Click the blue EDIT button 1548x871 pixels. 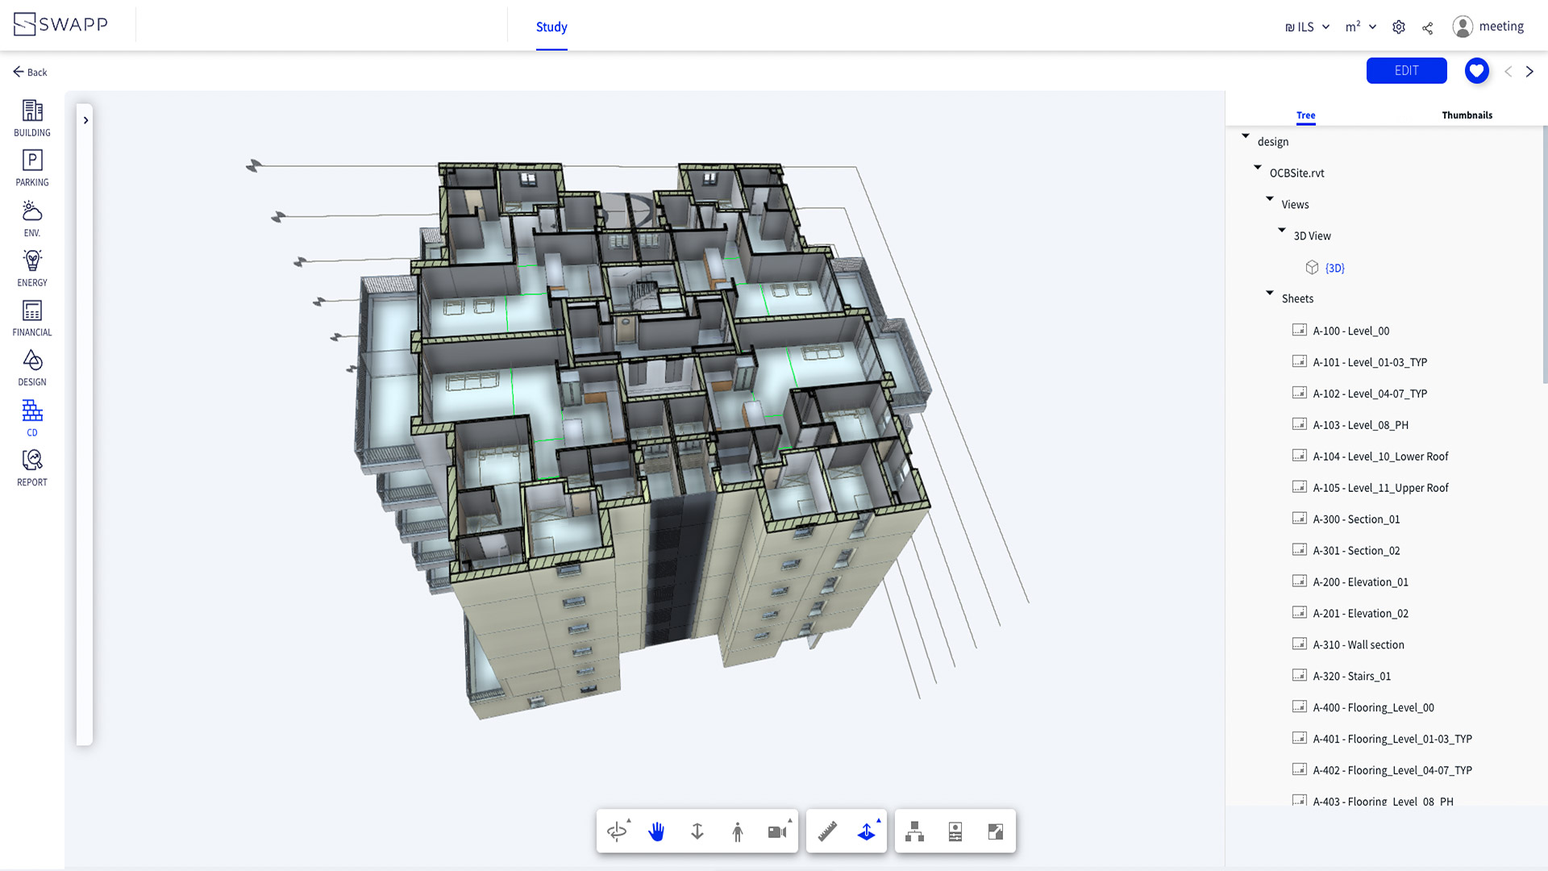(x=1406, y=71)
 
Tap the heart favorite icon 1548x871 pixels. (x=1476, y=71)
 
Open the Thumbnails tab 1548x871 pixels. (x=1467, y=115)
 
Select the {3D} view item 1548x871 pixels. (x=1334, y=268)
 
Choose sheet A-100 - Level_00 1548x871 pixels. (x=1350, y=331)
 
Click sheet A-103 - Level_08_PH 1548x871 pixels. (x=1360, y=425)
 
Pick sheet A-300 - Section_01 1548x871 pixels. (x=1356, y=519)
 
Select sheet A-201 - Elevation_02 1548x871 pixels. (x=1360, y=614)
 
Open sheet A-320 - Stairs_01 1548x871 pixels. (x=1351, y=677)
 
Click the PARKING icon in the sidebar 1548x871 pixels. (x=32, y=160)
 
